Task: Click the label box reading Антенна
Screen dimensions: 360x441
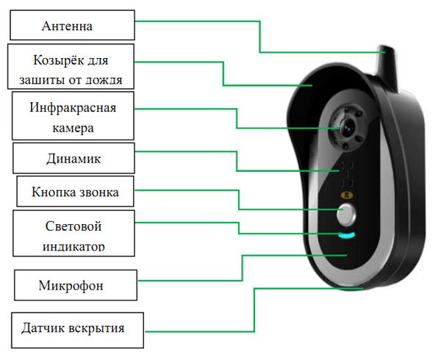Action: (72, 26)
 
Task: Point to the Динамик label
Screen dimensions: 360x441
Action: (73, 158)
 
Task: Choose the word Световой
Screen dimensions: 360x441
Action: (73, 226)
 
